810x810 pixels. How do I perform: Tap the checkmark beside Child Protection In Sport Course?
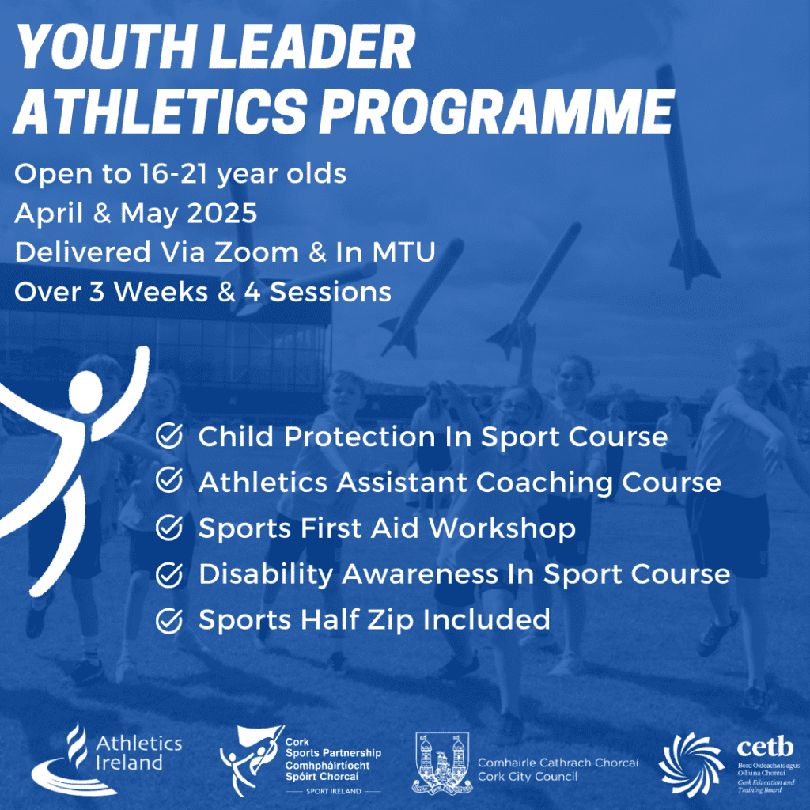point(168,436)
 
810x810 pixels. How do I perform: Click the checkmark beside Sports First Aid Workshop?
point(168,528)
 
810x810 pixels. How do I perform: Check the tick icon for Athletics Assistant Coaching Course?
point(168,482)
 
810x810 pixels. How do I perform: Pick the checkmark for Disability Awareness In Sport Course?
point(168,574)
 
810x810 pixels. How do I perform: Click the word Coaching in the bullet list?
point(584,482)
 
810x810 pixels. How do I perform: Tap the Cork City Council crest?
point(441,763)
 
